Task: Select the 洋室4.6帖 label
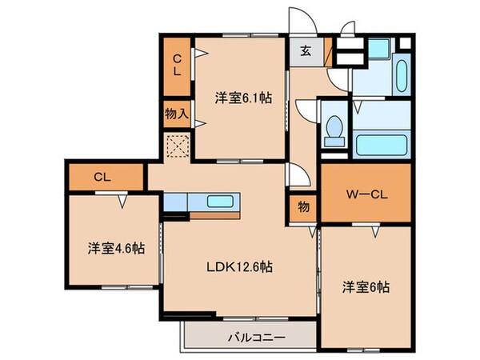[116, 248]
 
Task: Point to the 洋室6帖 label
[367, 286]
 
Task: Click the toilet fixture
[334, 130]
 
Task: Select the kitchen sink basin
[219, 202]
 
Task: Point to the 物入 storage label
[176, 113]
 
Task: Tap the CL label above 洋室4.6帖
[101, 177]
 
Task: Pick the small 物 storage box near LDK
[305, 206]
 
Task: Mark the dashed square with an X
[177, 146]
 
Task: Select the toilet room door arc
[307, 110]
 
